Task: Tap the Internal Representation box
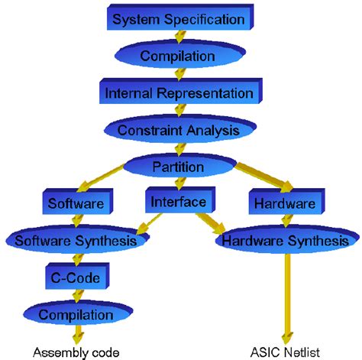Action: pos(177,93)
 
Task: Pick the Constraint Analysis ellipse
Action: pos(177,130)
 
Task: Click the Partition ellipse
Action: pos(177,166)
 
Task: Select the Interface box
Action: pos(177,202)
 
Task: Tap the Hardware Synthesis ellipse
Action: pos(283,242)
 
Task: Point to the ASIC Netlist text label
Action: pos(283,352)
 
